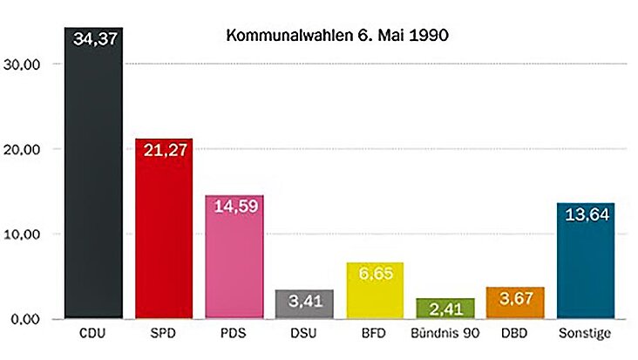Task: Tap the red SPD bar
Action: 163,235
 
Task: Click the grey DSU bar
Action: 304,305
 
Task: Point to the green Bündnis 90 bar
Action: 445,309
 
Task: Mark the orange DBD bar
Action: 516,305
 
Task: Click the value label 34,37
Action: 94,38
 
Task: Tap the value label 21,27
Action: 164,153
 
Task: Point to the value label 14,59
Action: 234,209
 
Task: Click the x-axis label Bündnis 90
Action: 445,334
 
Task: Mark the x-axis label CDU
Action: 93,334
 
